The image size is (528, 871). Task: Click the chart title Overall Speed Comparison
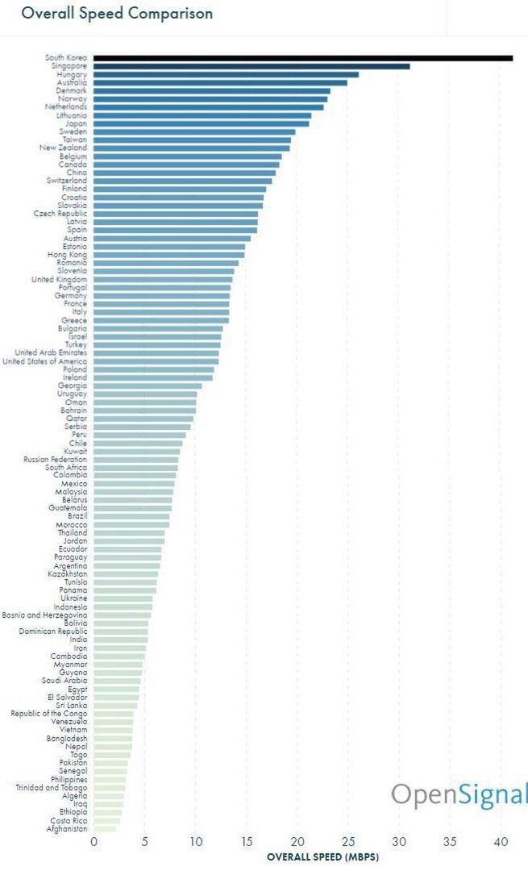(x=117, y=14)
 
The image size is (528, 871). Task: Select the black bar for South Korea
(x=302, y=58)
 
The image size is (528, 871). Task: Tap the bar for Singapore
(x=252, y=66)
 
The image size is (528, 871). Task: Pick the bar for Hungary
(x=226, y=74)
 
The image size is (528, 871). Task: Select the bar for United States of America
(x=156, y=361)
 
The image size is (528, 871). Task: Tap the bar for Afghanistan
(x=105, y=828)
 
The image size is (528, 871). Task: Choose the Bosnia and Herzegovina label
(x=44, y=615)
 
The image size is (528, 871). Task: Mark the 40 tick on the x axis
(x=501, y=842)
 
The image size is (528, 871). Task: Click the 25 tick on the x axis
(x=348, y=842)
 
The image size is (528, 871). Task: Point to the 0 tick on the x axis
(x=94, y=842)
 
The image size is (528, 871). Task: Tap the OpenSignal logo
(x=459, y=794)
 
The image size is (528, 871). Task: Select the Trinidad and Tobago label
(x=52, y=787)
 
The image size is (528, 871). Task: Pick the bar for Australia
(x=220, y=82)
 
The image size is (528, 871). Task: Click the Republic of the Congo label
(x=49, y=714)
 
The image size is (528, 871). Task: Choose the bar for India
(x=120, y=640)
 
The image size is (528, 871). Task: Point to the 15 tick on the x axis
(x=247, y=842)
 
